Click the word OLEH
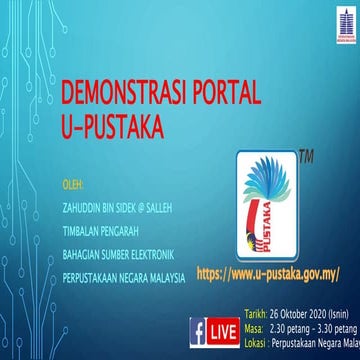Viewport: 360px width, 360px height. tap(73, 184)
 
